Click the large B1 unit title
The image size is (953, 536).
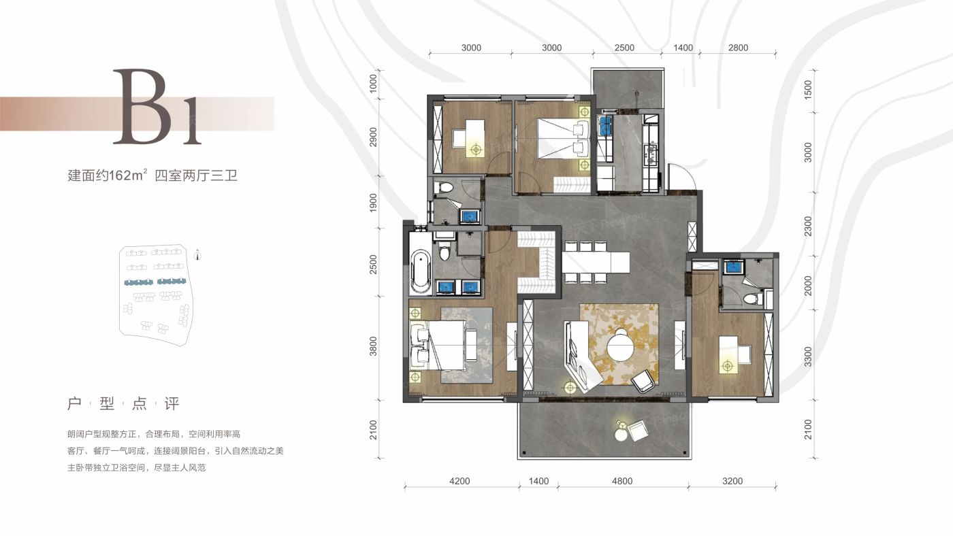click(x=157, y=107)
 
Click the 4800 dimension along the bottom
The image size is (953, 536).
click(x=622, y=481)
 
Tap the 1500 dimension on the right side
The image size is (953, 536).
click(x=808, y=90)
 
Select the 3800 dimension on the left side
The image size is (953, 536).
click(x=373, y=346)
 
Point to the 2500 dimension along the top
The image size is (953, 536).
click(x=624, y=48)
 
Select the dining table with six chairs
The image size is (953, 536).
click(x=596, y=263)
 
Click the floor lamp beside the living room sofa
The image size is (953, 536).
click(x=570, y=388)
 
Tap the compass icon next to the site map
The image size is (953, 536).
click(x=197, y=256)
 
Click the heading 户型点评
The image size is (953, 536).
click(x=123, y=404)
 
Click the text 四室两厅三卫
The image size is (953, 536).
click(x=196, y=175)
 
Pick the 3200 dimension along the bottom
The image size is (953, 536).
click(x=732, y=481)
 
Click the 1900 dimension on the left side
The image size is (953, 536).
click(x=373, y=203)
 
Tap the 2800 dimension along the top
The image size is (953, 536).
click(x=738, y=48)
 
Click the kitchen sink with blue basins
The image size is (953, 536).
click(x=605, y=125)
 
